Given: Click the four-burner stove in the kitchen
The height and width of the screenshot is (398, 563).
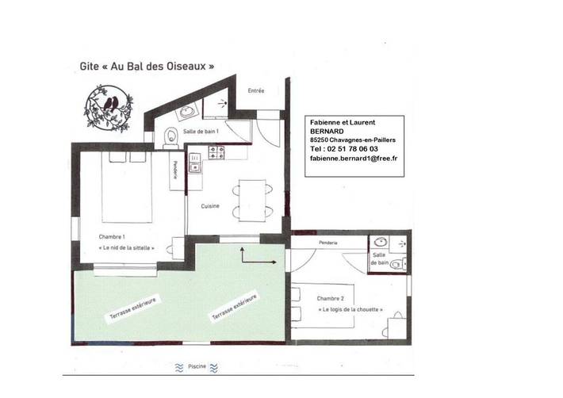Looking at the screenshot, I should coord(216,151).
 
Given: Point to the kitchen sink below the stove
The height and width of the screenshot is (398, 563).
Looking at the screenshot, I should coord(195,166).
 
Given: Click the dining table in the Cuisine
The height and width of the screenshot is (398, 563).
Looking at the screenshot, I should coord(254,197).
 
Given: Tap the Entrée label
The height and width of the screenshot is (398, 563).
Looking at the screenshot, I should coord(256,91).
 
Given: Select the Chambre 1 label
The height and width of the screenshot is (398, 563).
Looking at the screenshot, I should coord(112,236).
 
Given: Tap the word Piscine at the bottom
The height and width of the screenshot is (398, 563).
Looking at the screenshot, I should coord(198,367).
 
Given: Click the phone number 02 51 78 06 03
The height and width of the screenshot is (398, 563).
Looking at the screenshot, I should coord(354,148).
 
